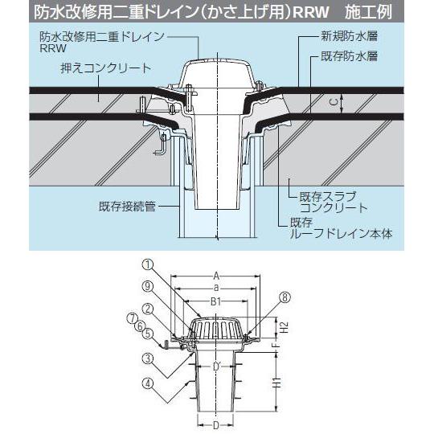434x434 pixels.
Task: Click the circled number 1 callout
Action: click(147, 263)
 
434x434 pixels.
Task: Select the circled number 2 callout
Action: click(147, 306)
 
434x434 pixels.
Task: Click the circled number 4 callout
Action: click(147, 383)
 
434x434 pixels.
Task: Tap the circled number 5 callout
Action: click(147, 333)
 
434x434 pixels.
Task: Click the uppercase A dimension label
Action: click(216, 275)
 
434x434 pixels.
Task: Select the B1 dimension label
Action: click(216, 301)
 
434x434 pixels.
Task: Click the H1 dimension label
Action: click(274, 383)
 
